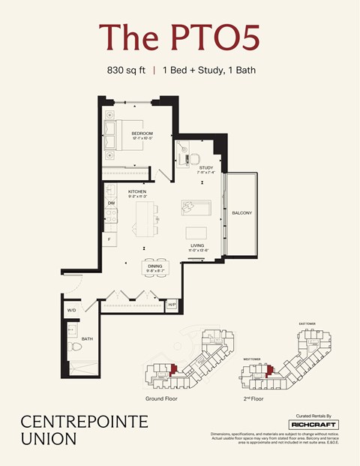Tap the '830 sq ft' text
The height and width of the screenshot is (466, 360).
tap(126, 71)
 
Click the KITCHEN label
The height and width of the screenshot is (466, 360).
tap(136, 192)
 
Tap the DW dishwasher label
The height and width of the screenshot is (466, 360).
tap(111, 203)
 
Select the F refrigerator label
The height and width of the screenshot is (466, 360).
tap(110, 239)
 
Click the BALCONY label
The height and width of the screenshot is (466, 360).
tap(241, 213)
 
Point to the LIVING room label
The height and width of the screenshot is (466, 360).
tap(197, 245)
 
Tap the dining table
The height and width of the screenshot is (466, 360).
tap(155, 267)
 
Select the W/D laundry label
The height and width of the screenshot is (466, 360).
tap(72, 309)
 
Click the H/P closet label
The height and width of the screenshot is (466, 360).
tap(172, 303)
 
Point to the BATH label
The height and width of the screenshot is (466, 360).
tap(86, 338)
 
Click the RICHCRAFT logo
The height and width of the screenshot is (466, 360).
tap(313, 425)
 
